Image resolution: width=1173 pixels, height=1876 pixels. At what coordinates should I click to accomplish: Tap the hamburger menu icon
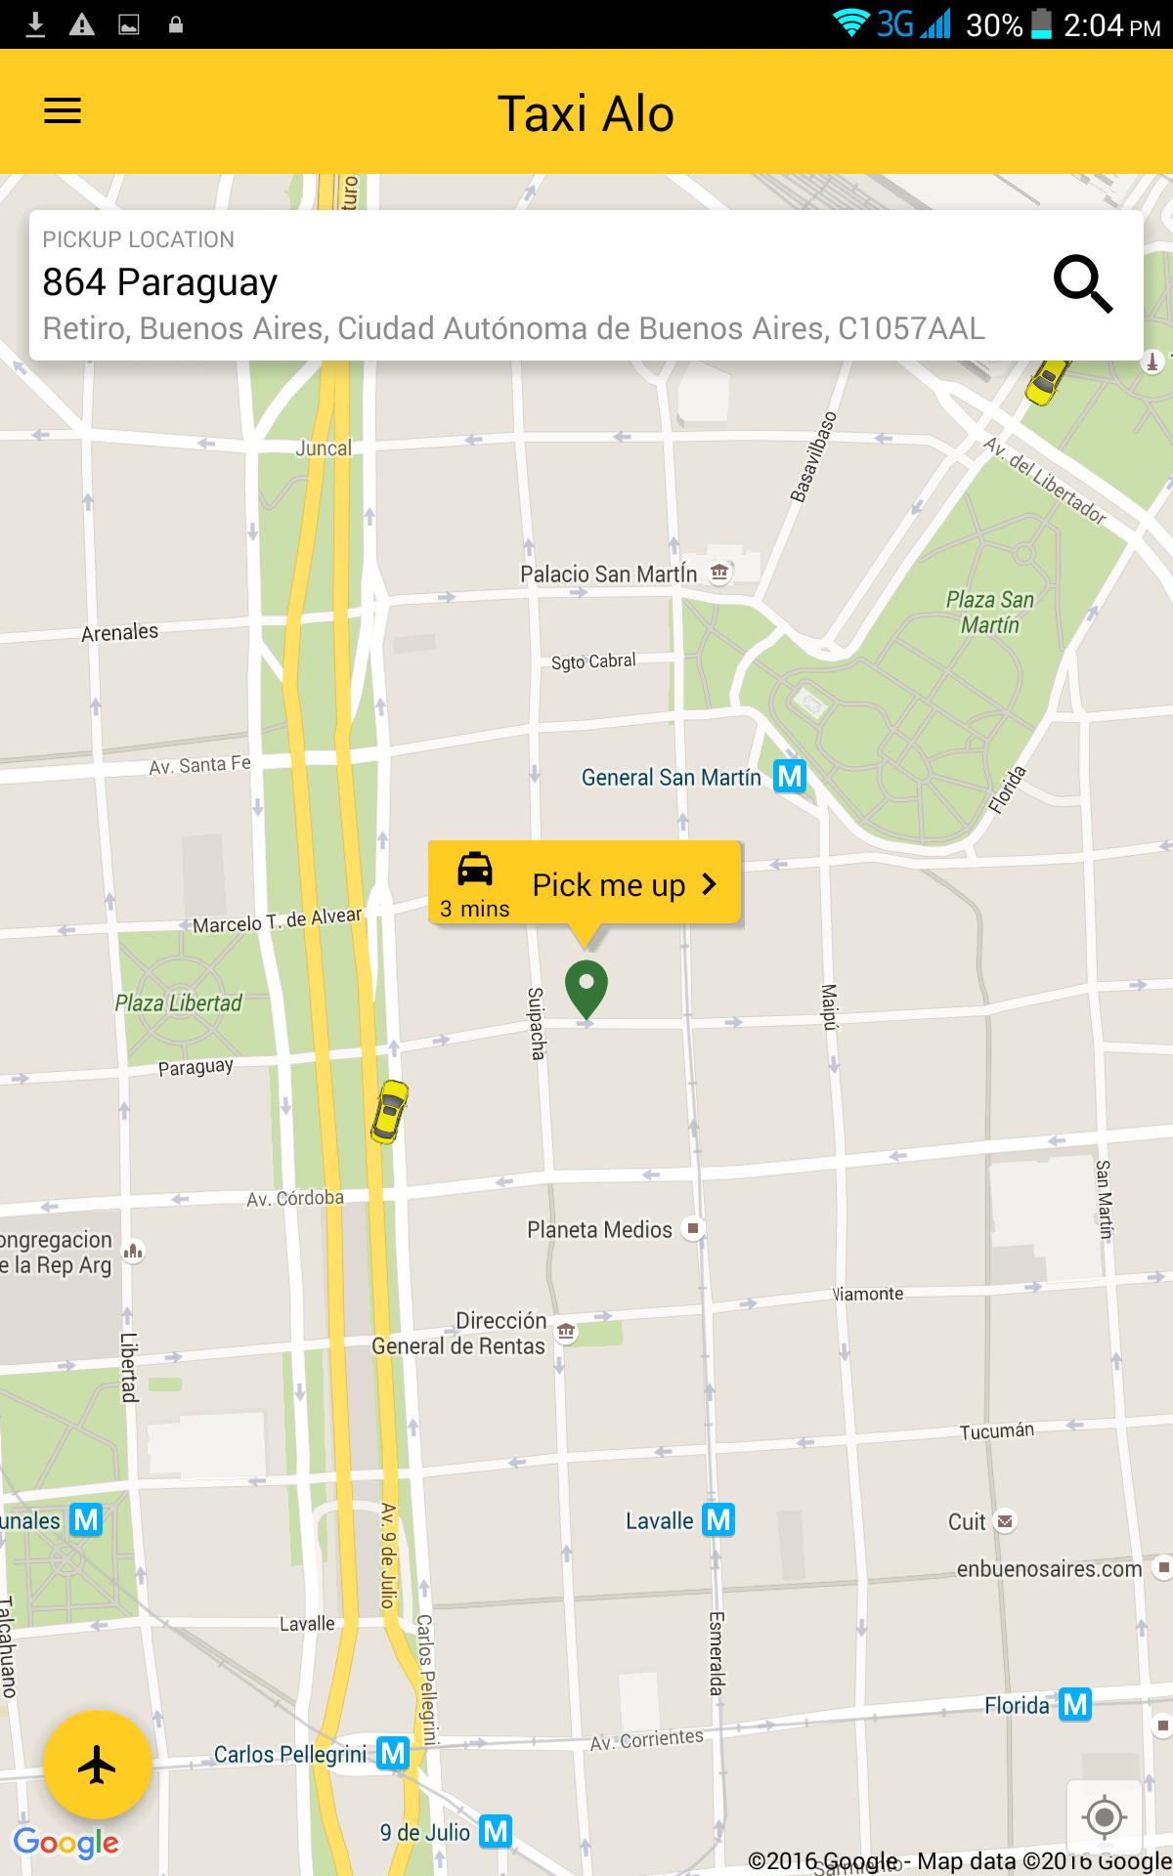click(x=63, y=111)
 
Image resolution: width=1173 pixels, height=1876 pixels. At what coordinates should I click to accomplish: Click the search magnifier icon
click(x=1082, y=284)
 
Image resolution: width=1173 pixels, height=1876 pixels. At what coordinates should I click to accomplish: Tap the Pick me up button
click(x=585, y=883)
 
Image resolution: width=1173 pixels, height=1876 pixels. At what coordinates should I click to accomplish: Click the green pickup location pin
click(x=586, y=988)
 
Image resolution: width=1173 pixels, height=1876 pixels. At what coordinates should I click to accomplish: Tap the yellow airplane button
click(x=97, y=1765)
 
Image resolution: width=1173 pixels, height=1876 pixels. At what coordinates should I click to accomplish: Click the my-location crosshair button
click(x=1105, y=1817)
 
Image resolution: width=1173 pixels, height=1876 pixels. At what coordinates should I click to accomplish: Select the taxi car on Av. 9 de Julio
click(x=389, y=1111)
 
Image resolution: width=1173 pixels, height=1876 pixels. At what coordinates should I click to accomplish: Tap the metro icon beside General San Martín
click(x=790, y=777)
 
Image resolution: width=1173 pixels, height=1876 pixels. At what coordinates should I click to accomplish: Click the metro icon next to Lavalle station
click(x=718, y=1519)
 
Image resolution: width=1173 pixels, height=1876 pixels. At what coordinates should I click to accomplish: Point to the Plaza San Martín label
click(x=989, y=612)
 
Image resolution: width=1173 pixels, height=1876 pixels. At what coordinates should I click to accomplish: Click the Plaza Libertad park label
click(x=179, y=1002)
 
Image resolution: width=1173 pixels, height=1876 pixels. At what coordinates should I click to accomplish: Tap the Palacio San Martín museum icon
click(x=720, y=573)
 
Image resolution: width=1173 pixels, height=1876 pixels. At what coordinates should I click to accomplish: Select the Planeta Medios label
click(x=599, y=1229)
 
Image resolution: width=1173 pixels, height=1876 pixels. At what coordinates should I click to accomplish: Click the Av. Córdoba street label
click(x=295, y=1198)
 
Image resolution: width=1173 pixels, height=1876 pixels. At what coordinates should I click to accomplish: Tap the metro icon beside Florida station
click(x=1075, y=1705)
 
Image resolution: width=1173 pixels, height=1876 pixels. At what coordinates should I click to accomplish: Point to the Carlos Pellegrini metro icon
click(x=393, y=1754)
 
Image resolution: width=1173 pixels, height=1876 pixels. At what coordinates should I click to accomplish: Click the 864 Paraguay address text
click(x=160, y=282)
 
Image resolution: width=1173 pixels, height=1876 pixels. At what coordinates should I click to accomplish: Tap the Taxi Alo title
click(x=586, y=113)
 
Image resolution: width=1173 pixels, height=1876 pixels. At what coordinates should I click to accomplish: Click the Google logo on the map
click(x=66, y=1843)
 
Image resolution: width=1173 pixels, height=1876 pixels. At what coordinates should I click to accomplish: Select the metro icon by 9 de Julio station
click(x=497, y=1831)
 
